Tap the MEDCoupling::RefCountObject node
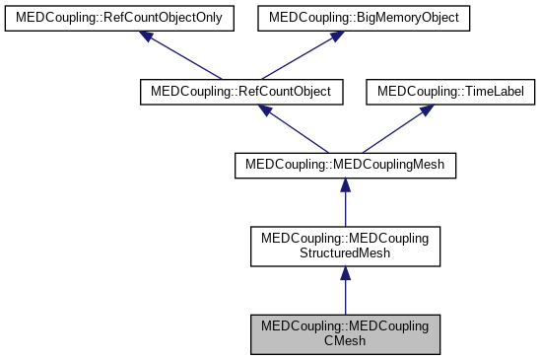pos(241,91)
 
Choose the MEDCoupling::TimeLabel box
pos(451,91)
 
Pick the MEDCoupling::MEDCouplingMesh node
pos(345,165)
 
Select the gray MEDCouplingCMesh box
pos(345,335)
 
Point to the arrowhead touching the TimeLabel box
pos(425,109)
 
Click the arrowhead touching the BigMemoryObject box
pos(335,36)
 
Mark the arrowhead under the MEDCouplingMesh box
pos(345,185)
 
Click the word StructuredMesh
pos(345,254)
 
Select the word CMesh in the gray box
pos(345,343)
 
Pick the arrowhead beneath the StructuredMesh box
pos(345,274)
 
